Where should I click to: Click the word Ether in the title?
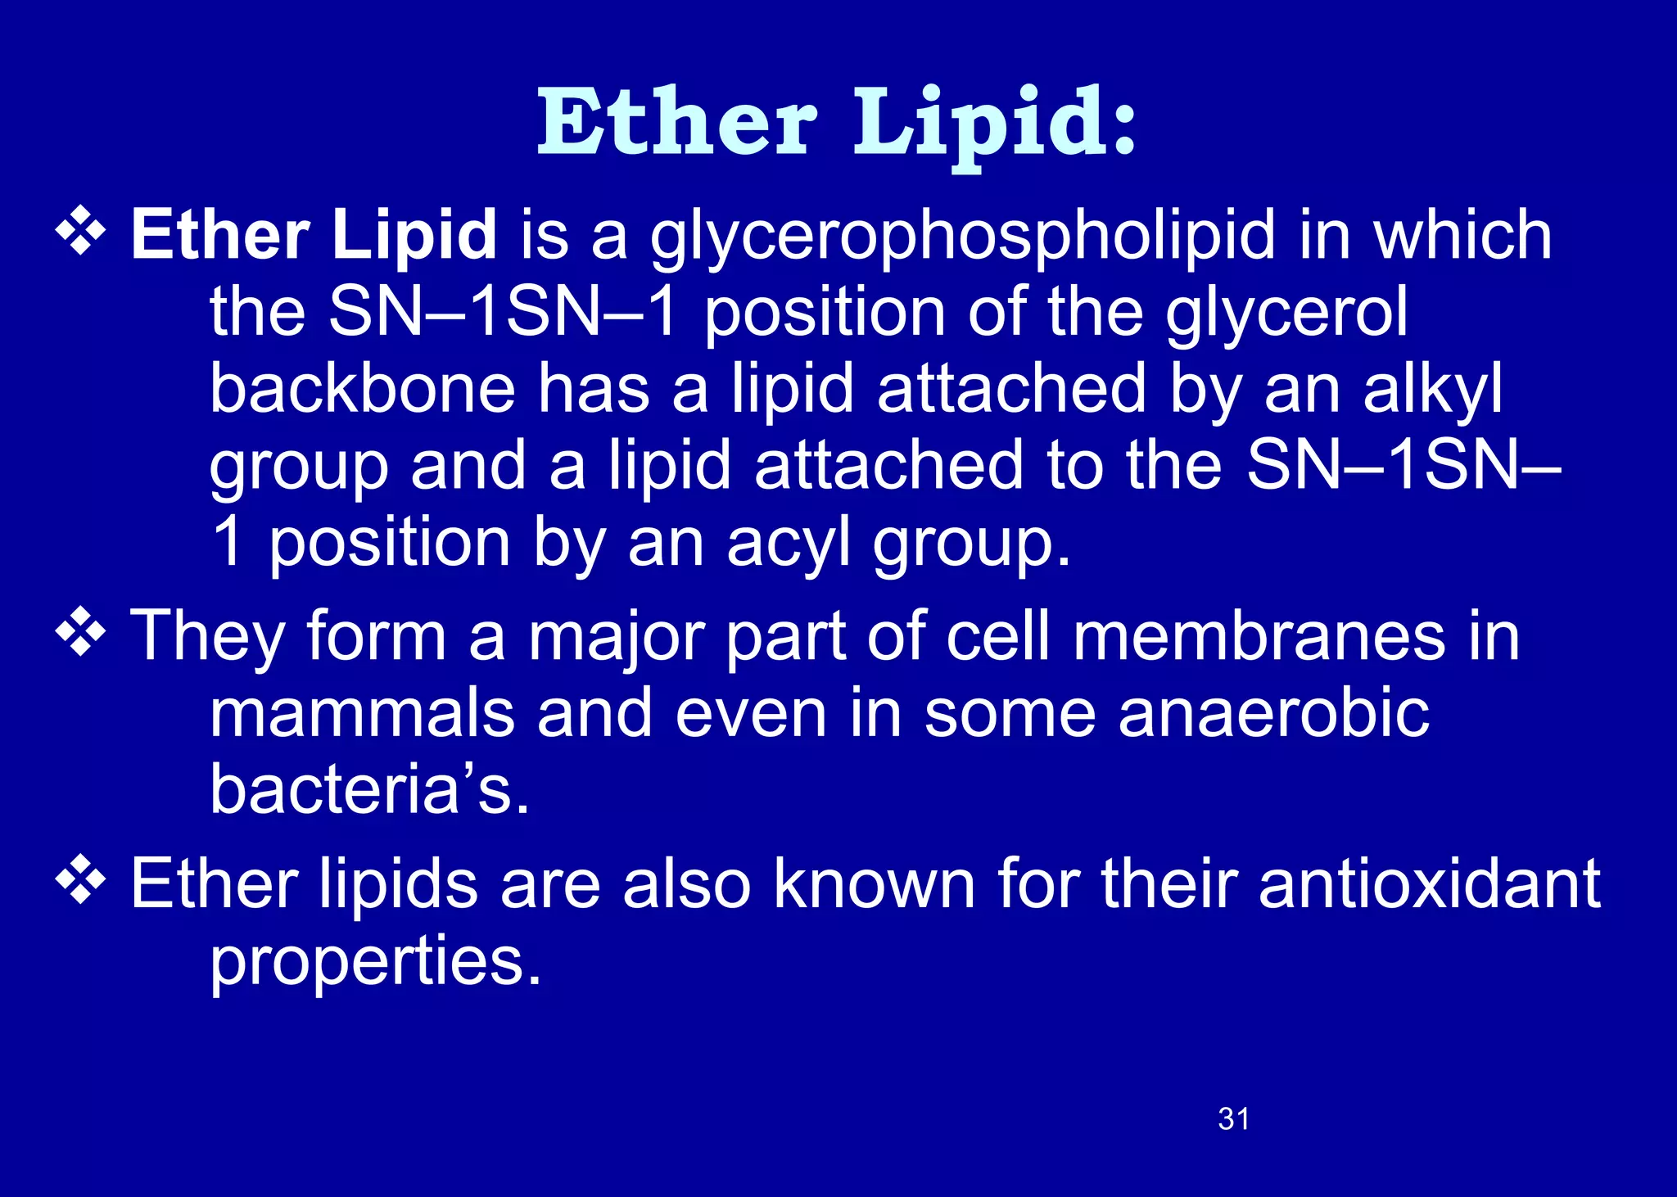pyautogui.click(x=676, y=123)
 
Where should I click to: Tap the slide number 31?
pyautogui.click(x=1233, y=1119)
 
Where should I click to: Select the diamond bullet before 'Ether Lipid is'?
pyautogui.click(x=80, y=231)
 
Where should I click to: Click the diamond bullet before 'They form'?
pyautogui.click(x=80, y=633)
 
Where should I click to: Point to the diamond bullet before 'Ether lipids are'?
pyautogui.click(x=80, y=881)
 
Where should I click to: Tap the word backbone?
pyautogui.click(x=362, y=390)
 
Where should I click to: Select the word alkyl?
pyautogui.click(x=1432, y=391)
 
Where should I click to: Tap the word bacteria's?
pyautogui.click(x=369, y=790)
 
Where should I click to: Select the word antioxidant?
pyautogui.click(x=1429, y=884)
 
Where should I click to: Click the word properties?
pyautogui.click(x=375, y=963)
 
